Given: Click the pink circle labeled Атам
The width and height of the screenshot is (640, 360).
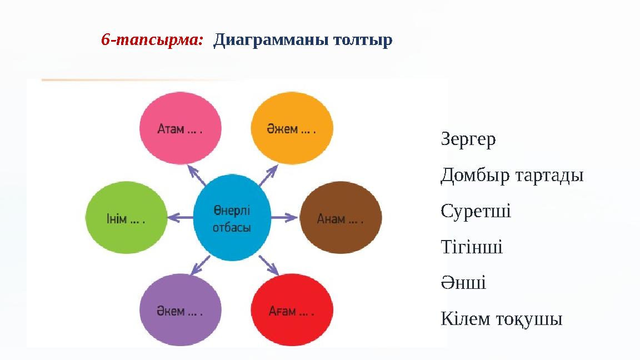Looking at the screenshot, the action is (x=181, y=128).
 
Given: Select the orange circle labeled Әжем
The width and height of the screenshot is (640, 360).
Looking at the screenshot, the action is (x=292, y=128).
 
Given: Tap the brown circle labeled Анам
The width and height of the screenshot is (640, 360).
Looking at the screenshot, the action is (x=341, y=218).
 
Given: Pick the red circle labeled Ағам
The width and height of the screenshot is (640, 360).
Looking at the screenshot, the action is (x=292, y=310).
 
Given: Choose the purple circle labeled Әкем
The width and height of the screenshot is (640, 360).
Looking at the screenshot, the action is (x=181, y=310).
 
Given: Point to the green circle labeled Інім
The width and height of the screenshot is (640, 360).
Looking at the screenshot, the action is (x=126, y=218).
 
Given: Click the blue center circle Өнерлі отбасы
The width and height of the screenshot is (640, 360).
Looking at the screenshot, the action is (x=232, y=218).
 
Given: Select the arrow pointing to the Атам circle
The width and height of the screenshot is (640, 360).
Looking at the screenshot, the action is (x=197, y=175).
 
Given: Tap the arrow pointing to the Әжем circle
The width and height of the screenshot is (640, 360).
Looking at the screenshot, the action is (x=268, y=175).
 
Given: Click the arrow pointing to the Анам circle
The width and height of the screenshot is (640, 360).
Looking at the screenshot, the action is (x=284, y=218).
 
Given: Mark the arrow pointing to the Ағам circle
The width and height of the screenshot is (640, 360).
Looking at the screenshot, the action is (x=268, y=266).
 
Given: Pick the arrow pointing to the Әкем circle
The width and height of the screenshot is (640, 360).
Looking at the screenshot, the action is (x=201, y=266).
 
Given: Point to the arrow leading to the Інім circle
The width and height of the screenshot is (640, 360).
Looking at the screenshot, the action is (x=181, y=218).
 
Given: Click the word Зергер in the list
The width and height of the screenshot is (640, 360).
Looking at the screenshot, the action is (x=468, y=139).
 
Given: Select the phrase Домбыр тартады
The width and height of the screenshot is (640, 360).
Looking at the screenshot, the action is (x=512, y=175).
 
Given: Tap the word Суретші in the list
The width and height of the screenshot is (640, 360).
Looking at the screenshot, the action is (x=476, y=211).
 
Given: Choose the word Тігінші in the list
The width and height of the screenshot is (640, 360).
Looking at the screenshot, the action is (x=472, y=247).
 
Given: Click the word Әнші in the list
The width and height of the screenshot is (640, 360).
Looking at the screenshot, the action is (x=463, y=282).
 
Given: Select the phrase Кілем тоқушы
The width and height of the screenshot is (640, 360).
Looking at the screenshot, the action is (x=502, y=319).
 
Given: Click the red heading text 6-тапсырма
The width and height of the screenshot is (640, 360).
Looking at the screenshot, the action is (x=152, y=39).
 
